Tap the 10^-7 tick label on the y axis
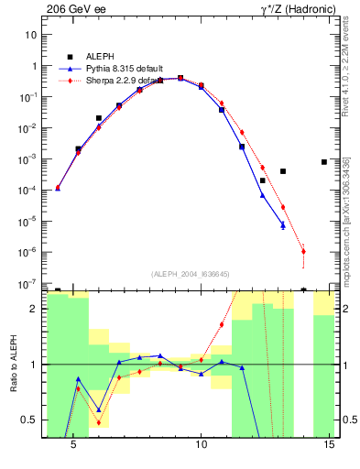pos(27,283)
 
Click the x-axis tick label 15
pos(333,444)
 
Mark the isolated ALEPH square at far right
pos(324,162)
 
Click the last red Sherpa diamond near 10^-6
pos(303,251)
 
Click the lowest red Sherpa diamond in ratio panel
pos(99,422)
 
